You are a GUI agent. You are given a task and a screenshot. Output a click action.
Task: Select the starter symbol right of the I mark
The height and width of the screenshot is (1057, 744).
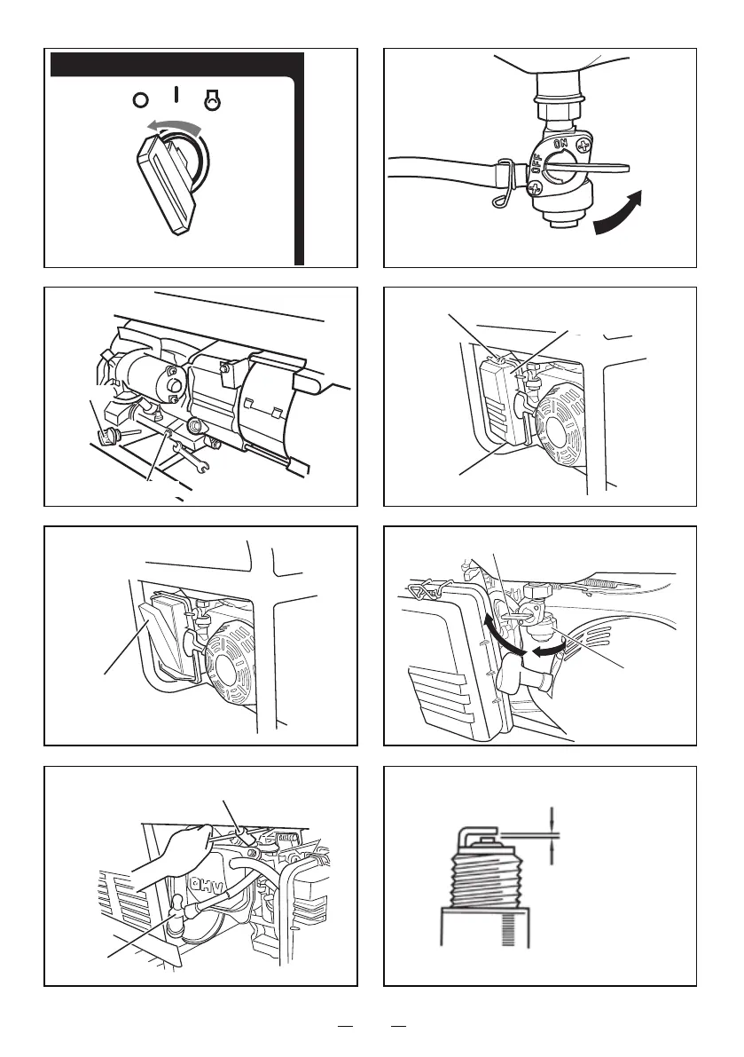[x=211, y=100]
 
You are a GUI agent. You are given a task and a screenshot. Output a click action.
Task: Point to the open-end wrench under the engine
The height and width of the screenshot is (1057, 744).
[x=196, y=454]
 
